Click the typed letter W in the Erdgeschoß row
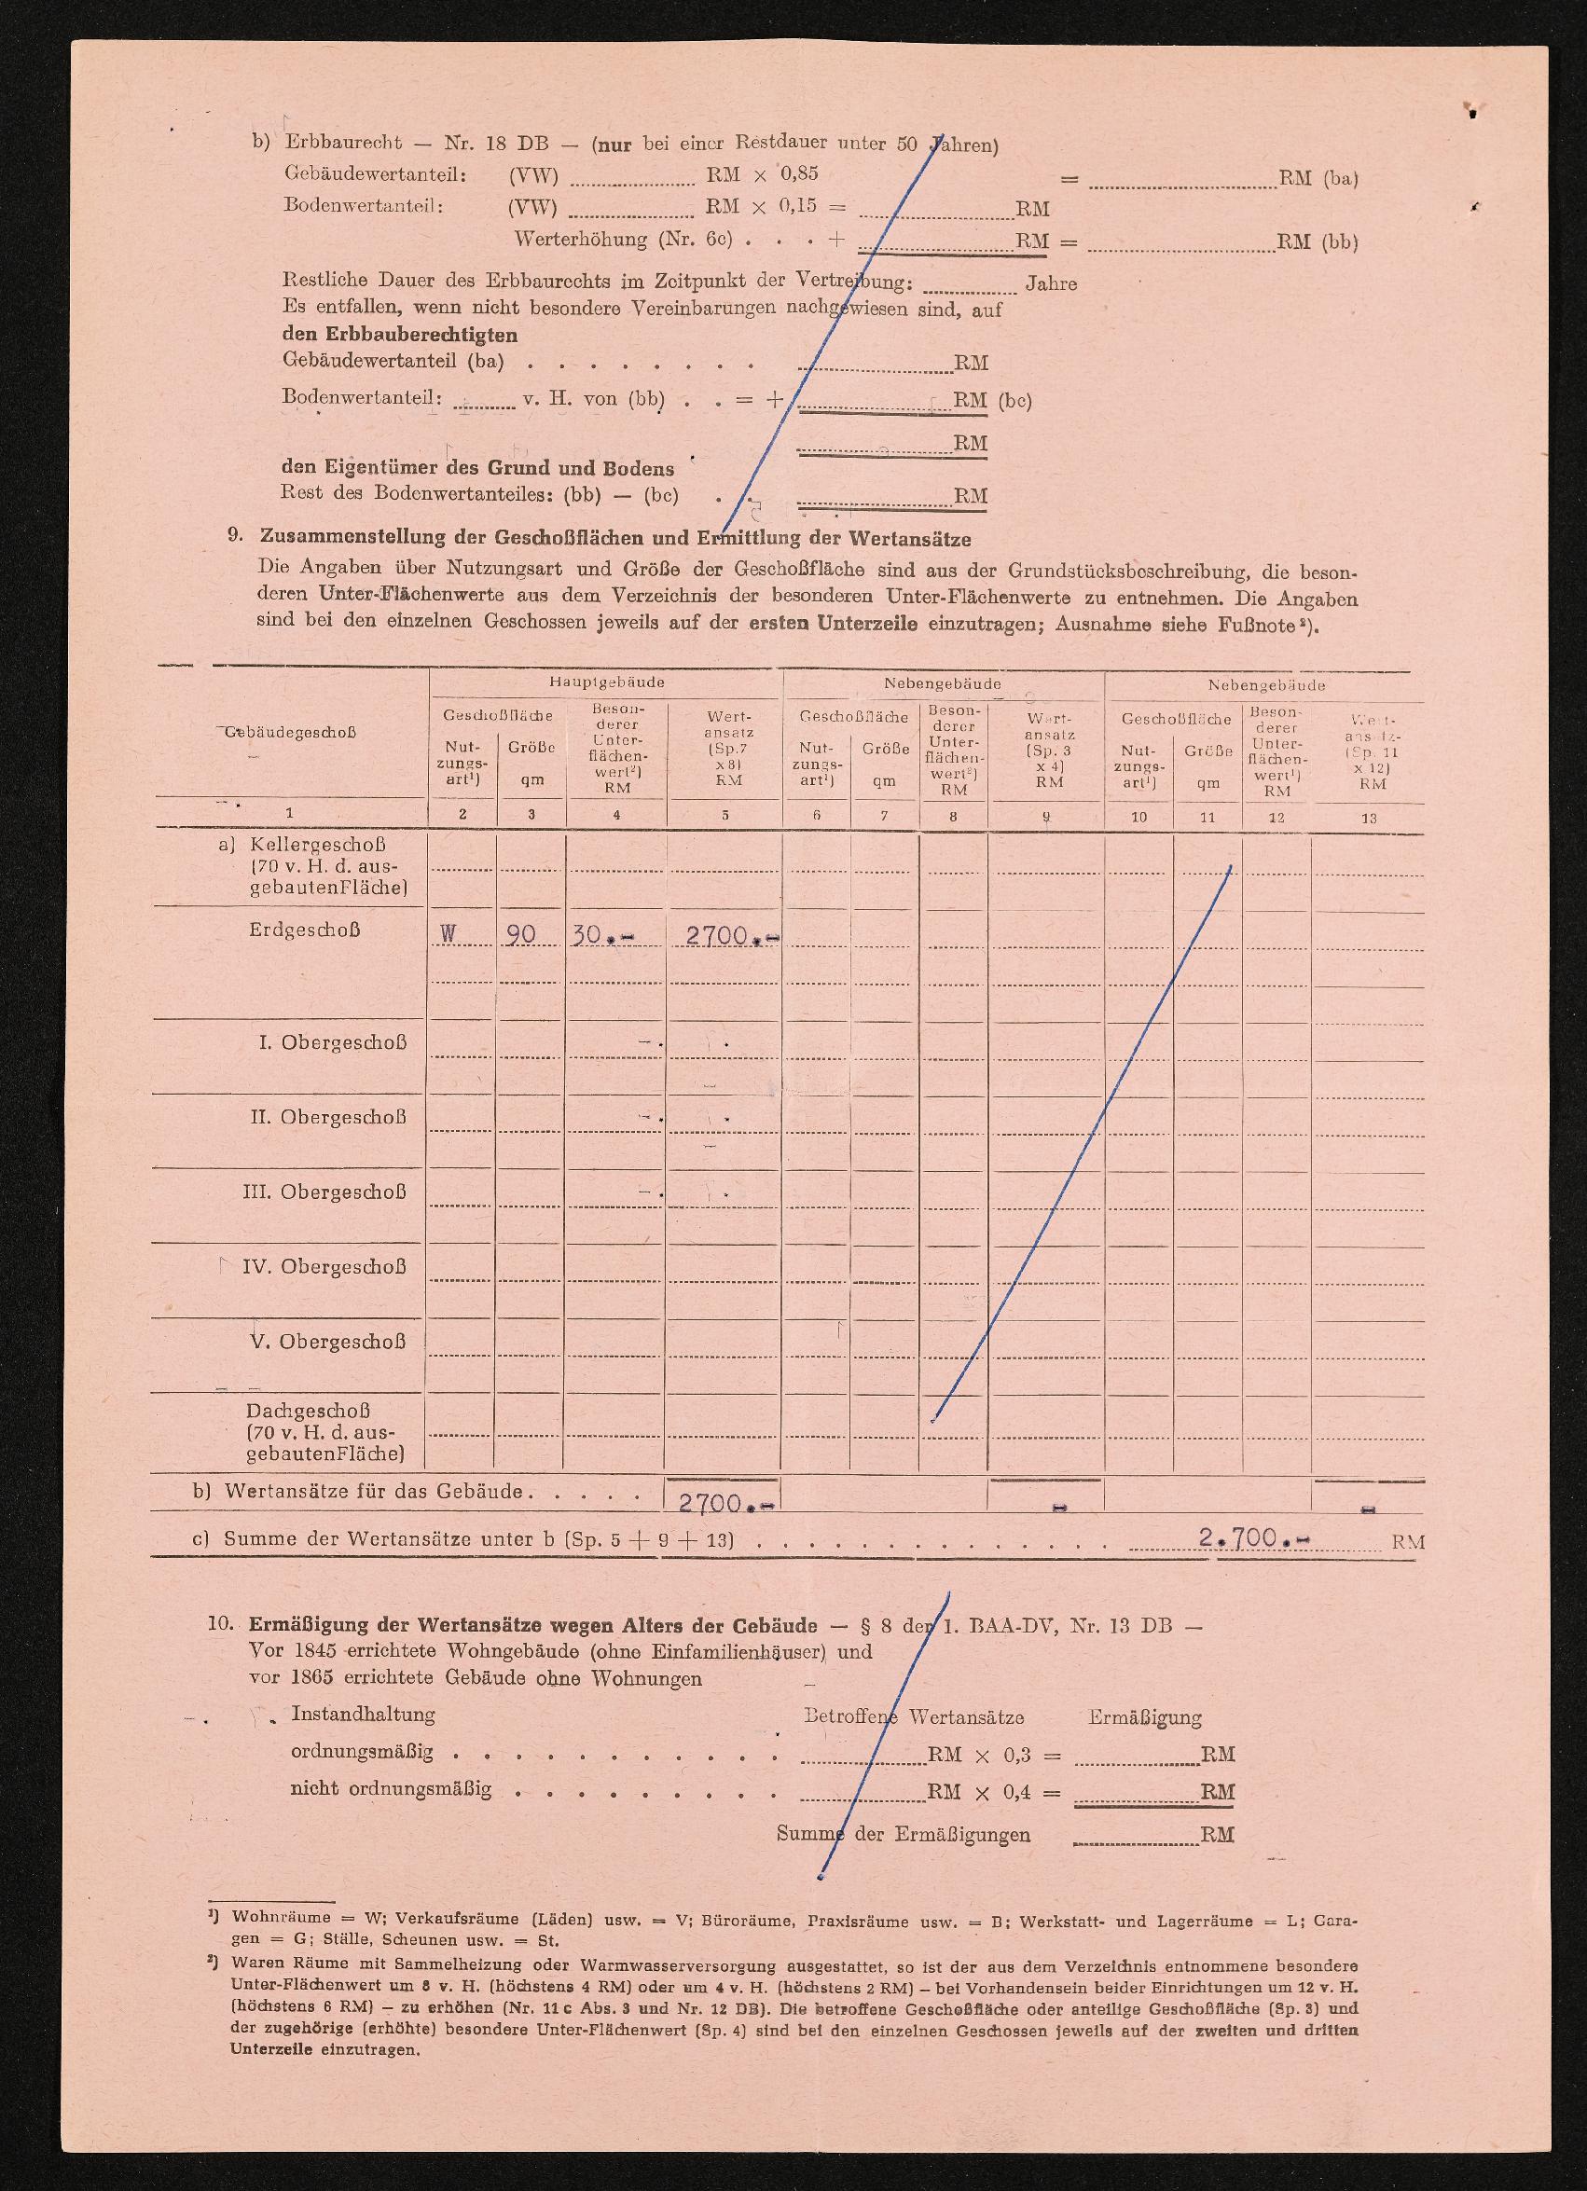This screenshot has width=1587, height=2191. coord(448,934)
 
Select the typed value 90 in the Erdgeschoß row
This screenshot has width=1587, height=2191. coord(521,935)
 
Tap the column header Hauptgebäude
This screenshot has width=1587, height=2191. coord(607,682)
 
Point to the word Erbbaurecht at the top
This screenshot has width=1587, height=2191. coord(343,143)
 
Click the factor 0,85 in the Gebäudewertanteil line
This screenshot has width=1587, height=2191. coord(799,174)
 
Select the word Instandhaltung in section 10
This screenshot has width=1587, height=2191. coord(364,1714)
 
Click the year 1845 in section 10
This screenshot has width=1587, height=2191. coord(319,1651)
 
